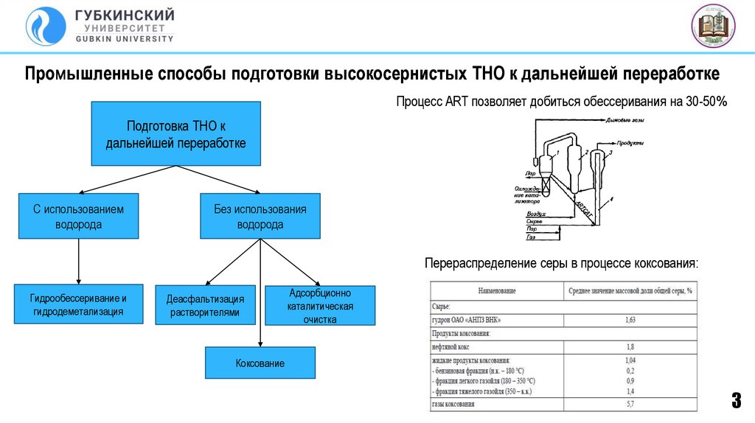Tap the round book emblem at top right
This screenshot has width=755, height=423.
click(714, 26)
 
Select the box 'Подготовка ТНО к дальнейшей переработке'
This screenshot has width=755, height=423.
click(175, 134)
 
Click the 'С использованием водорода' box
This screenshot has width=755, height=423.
click(78, 216)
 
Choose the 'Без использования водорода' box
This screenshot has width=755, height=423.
click(260, 216)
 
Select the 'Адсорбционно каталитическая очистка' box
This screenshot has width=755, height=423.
click(320, 306)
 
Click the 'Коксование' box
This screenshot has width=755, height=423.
click(260, 363)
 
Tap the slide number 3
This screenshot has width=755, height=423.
click(736, 402)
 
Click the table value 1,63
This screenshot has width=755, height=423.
click(630, 320)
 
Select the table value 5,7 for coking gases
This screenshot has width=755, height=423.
click(630, 405)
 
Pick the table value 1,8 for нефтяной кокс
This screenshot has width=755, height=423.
click(630, 346)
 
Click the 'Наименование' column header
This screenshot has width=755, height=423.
click(496, 290)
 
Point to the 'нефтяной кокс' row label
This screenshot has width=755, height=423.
click(450, 346)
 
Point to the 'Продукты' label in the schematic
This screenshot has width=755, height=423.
click(631, 142)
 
